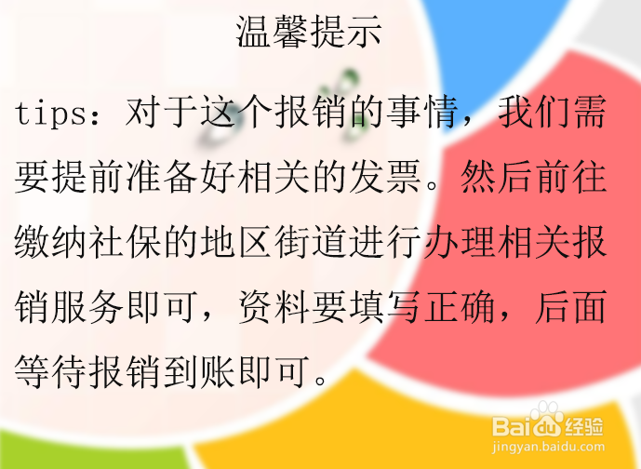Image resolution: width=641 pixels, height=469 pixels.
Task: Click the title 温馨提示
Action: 309,32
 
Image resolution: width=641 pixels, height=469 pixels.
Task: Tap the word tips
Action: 51,114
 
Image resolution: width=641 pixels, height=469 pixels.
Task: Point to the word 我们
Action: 533,113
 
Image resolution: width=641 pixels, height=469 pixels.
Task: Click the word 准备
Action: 162,177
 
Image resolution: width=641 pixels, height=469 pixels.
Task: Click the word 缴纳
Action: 50,242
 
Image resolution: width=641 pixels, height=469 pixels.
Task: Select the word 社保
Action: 125,242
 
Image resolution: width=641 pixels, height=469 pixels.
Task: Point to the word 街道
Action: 311,242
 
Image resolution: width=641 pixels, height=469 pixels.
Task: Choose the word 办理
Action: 459,242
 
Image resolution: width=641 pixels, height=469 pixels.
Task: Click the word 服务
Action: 87,307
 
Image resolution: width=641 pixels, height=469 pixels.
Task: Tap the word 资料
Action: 274,307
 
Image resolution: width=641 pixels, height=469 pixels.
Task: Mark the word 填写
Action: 384,307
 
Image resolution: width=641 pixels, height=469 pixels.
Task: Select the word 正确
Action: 459,307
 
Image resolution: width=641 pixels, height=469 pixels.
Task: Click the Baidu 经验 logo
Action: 548,422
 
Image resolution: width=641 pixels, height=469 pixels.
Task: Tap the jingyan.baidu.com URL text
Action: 548,447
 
